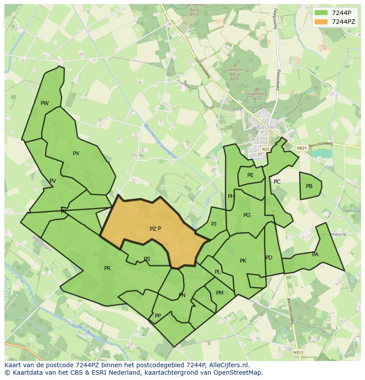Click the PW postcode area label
[45, 103]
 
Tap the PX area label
[76, 154]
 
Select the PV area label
[52, 181]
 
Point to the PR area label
[107, 268]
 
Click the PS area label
[147, 259]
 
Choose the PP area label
[157, 316]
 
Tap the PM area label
[220, 293]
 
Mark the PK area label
[243, 261]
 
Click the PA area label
[315, 255]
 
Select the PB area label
[309, 186]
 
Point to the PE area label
[250, 175]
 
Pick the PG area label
[247, 215]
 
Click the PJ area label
[214, 224]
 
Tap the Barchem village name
[268, 127]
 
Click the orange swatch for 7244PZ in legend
[321, 22]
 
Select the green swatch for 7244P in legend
[321, 12]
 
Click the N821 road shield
[302, 148]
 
